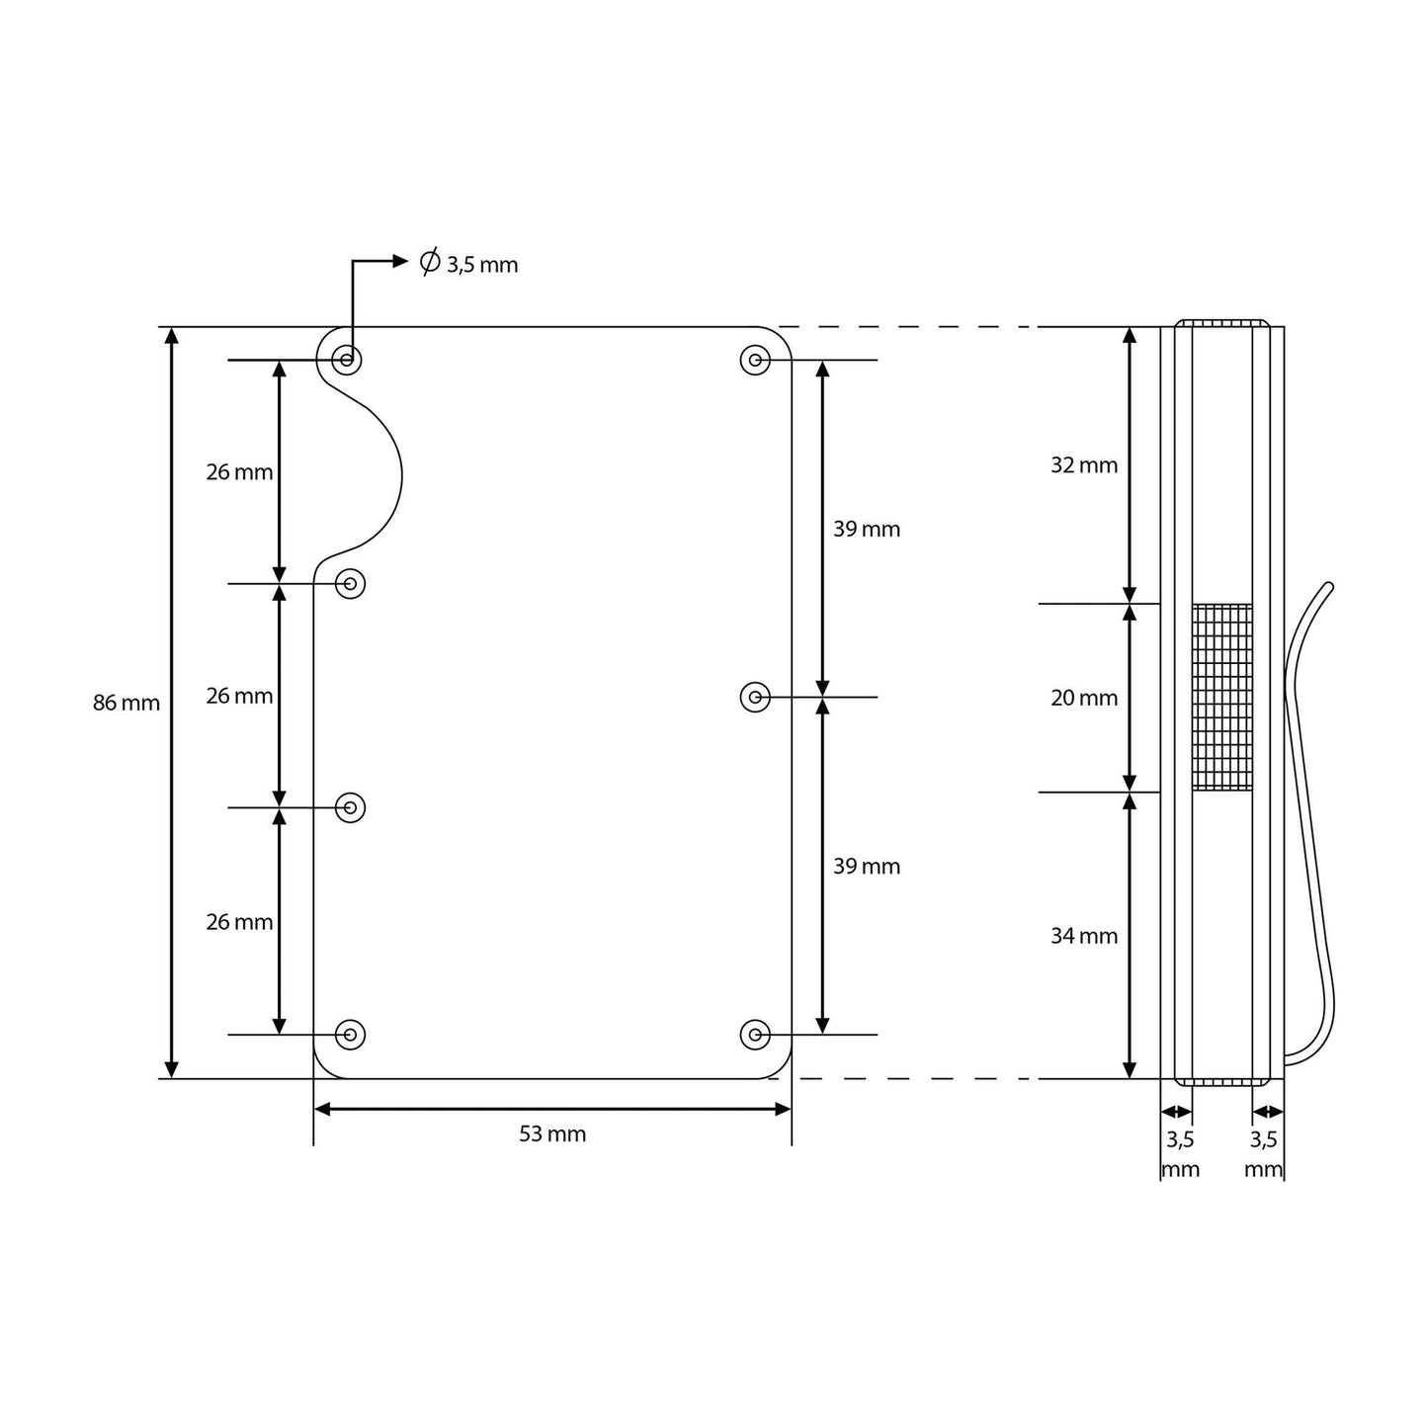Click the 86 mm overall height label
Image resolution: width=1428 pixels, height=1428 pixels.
pos(126,704)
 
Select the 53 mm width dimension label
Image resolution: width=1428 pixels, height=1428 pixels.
pos(552,1134)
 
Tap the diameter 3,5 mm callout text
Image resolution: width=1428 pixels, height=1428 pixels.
pos(469,264)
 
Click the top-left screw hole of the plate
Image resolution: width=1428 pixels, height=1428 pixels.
pos(347,360)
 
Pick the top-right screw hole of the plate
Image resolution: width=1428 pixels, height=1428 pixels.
pos(755,361)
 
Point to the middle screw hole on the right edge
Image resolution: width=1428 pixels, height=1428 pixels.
pos(755,698)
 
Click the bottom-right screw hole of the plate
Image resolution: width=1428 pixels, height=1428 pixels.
pos(755,1035)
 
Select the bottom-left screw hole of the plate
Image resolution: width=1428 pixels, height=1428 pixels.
pos(351,1035)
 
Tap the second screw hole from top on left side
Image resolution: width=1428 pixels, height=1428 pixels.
pos(351,584)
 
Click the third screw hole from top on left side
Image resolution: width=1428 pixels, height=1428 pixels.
pos(351,808)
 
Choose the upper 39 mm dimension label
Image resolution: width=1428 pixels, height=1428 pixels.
pos(867,530)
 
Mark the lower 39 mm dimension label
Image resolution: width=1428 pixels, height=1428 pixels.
pos(867,867)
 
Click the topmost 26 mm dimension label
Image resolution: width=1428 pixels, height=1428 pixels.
pos(239,473)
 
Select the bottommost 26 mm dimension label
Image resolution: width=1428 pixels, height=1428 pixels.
pos(239,923)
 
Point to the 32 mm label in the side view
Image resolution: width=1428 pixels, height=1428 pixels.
pos(1084,465)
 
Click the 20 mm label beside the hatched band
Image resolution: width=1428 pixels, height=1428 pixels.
pos(1084,699)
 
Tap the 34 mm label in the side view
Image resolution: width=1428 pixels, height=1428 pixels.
pos(1084,936)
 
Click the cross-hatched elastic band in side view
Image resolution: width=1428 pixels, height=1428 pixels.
pos(1222,698)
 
